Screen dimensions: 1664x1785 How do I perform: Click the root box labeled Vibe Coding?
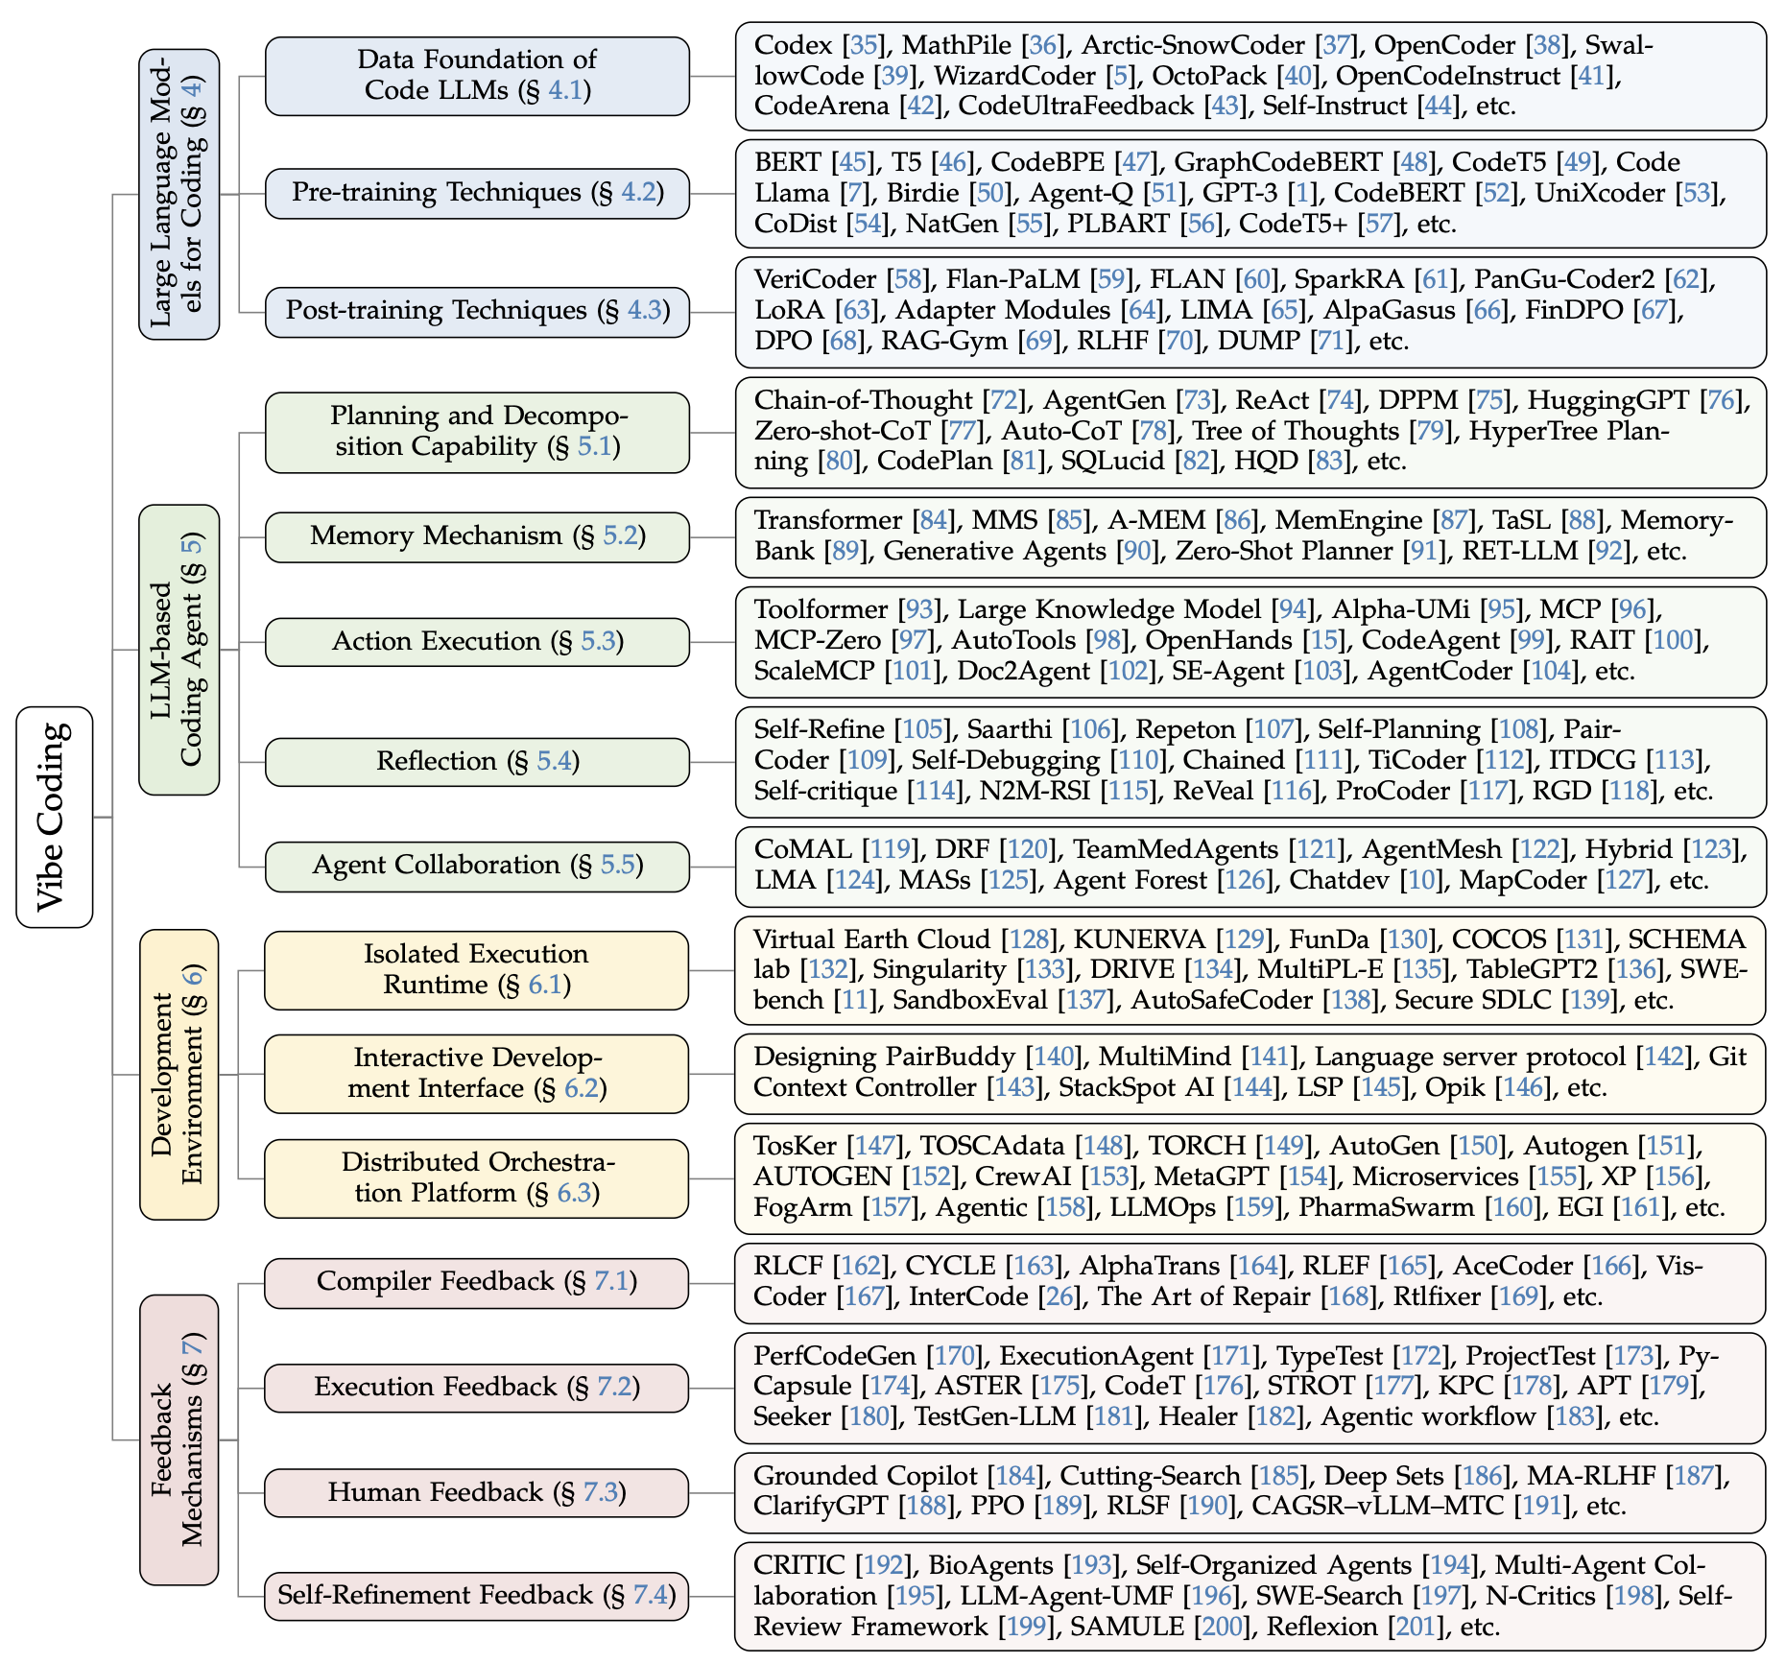pos(55,817)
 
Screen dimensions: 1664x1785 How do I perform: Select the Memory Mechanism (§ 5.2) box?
pos(477,536)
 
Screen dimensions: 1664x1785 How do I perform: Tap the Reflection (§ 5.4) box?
pos(477,762)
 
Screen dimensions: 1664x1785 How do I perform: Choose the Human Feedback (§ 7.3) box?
pos(477,1492)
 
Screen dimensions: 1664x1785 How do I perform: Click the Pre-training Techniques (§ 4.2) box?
pos(477,193)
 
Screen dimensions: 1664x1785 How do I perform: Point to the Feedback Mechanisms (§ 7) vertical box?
pos(179,1438)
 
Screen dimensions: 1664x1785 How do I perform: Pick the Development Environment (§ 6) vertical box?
pos(179,1074)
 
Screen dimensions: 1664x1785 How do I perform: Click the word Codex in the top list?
pos(793,45)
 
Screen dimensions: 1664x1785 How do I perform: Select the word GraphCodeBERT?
pos(1278,162)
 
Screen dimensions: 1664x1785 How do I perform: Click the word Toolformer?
pos(821,609)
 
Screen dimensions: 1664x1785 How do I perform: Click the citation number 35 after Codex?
pos(864,45)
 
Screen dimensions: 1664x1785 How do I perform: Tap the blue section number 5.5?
pos(618,866)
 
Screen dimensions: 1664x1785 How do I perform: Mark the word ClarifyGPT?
pos(821,1505)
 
